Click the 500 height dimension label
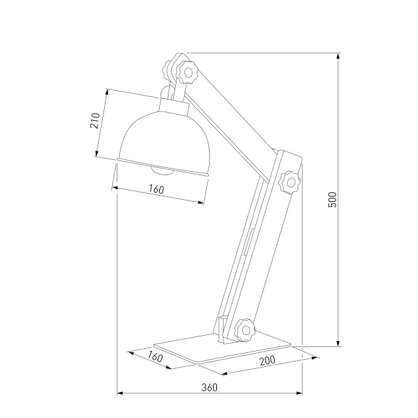[x=333, y=200]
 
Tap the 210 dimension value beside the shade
[x=95, y=121]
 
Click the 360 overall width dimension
[x=209, y=387]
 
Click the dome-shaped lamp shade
[x=163, y=140]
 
